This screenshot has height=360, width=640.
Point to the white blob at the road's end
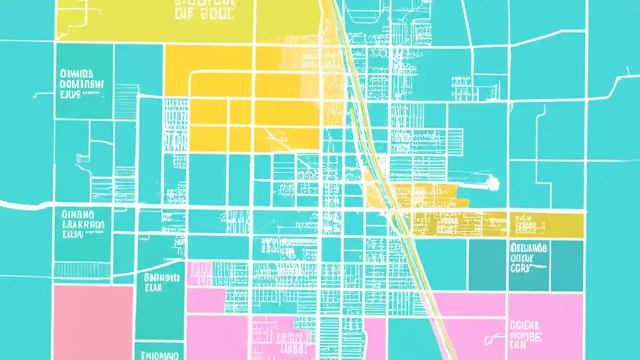[x=493, y=183]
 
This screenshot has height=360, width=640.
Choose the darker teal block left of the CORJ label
[x=487, y=265]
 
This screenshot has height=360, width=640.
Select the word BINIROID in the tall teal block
[x=161, y=277]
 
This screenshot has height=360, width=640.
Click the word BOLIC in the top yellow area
[x=217, y=14]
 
